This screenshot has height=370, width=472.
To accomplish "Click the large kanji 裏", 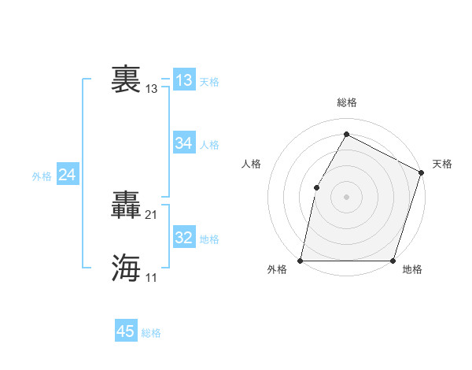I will point(126,80).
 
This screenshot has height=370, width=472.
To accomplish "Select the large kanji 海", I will point(126,268).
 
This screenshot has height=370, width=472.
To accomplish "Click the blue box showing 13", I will point(183,80).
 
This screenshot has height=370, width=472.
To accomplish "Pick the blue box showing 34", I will point(183,143).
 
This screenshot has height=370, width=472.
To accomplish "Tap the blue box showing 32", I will point(183,238).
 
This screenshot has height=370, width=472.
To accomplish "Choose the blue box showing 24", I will point(68,176).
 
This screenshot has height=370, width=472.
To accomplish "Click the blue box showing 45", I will point(126,331).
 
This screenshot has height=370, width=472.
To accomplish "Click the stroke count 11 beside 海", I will point(152,277).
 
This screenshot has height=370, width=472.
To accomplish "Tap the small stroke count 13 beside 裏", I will point(152,89).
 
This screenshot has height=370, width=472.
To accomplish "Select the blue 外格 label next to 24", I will point(42,176).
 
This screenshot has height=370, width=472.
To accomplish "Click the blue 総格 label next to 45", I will point(151,333).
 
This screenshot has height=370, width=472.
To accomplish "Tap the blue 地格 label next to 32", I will point(209,239).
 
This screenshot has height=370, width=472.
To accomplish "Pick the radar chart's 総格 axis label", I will point(346,102).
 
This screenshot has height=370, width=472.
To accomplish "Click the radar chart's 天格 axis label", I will point(442,164).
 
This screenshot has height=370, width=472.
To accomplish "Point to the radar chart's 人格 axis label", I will point(251,164).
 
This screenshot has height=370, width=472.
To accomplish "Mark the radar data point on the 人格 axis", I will point(316,187).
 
